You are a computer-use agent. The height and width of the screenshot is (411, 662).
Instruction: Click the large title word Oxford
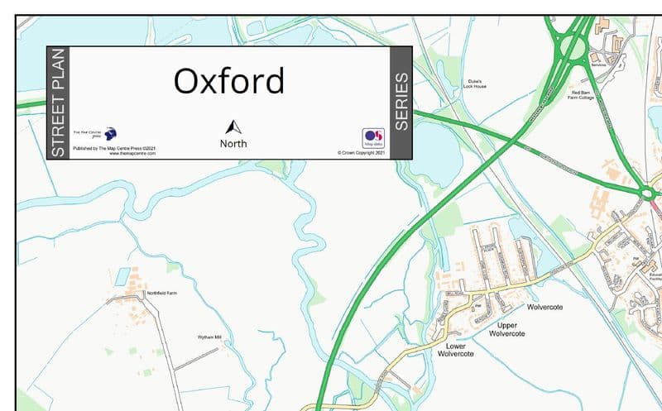228,81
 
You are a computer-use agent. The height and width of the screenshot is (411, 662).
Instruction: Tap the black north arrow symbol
233,127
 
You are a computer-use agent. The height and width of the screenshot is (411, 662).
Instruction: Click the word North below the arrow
233,144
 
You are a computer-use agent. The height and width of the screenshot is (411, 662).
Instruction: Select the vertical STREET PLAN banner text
57,103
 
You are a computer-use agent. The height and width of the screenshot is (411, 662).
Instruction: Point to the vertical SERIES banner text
401,103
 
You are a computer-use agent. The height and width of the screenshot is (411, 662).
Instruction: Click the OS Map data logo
373,137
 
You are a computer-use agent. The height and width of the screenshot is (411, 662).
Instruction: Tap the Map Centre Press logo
110,133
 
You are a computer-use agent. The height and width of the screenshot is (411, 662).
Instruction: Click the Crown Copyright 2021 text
362,153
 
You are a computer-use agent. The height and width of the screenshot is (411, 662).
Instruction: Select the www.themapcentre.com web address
132,154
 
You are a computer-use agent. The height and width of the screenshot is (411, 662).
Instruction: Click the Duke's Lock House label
475,84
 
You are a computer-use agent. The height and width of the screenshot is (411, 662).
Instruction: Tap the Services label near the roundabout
597,65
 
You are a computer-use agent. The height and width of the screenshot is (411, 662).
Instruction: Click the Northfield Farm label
162,293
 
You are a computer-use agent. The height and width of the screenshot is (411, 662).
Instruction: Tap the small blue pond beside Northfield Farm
123,275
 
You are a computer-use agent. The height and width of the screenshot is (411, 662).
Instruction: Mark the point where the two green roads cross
522,131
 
